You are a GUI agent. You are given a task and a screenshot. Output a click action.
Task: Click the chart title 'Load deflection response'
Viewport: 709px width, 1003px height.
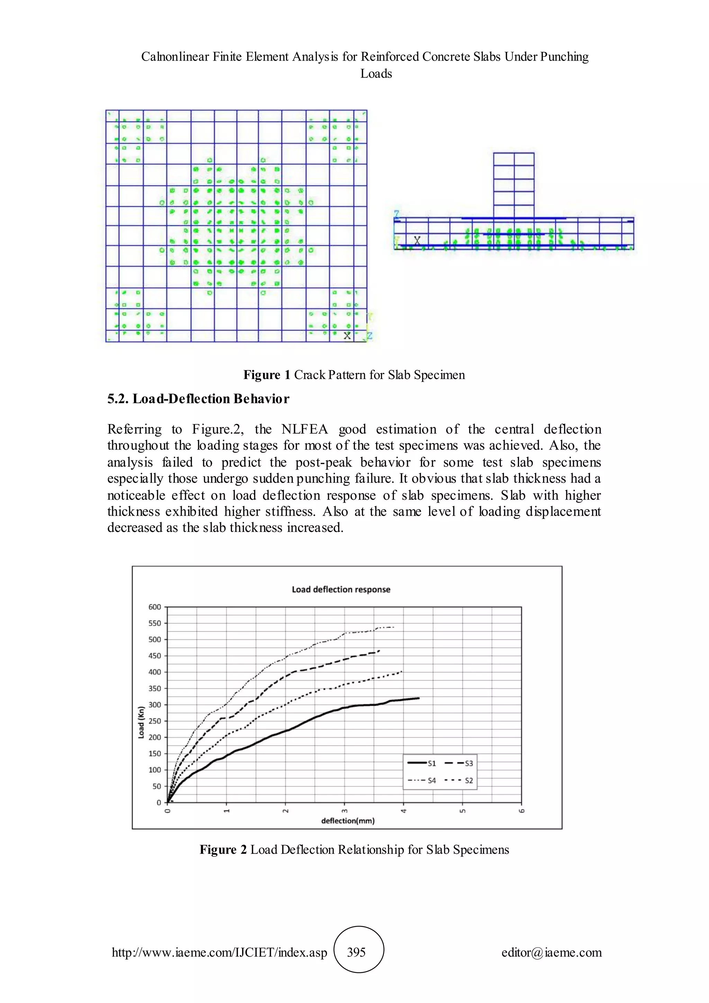point(341,589)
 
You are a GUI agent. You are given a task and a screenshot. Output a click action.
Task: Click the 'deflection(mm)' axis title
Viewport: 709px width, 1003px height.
point(348,821)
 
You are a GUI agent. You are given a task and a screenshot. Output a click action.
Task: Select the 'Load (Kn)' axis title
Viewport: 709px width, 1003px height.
point(141,722)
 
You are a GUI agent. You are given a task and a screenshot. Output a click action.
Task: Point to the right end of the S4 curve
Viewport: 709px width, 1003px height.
point(394,627)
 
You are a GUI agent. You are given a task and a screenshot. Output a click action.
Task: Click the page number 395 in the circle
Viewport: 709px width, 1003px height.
point(356,952)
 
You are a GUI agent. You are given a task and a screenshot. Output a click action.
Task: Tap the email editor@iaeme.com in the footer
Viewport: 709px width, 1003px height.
point(551,952)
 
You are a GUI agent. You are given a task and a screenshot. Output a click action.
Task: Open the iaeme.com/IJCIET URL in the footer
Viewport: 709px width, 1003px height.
point(219,952)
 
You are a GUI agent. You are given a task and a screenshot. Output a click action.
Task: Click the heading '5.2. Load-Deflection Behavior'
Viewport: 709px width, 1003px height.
point(198,399)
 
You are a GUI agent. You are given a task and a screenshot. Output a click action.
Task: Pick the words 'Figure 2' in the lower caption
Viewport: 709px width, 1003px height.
point(223,850)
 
